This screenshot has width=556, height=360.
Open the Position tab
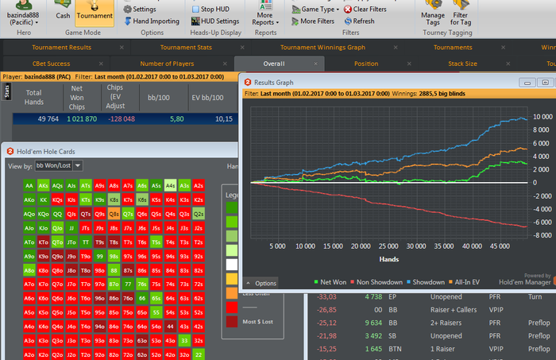(365, 64)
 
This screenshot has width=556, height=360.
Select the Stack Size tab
(462, 64)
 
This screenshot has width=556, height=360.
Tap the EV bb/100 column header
(226, 98)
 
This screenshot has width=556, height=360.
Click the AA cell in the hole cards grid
(29, 185)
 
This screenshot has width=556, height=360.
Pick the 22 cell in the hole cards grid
(199, 354)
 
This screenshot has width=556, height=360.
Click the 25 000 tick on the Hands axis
(388, 246)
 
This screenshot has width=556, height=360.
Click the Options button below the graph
(261, 283)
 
